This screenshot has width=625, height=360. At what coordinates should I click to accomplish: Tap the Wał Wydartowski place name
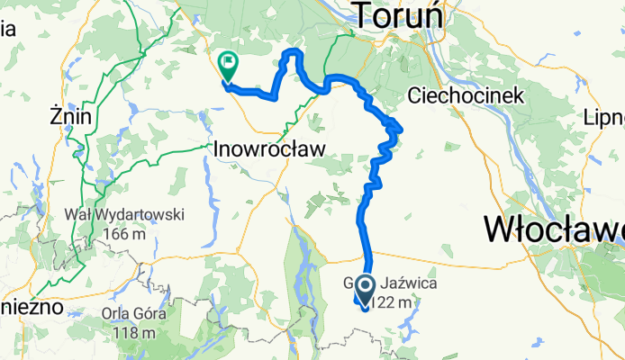[125, 215]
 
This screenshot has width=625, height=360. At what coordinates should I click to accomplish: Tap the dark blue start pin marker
[367, 289]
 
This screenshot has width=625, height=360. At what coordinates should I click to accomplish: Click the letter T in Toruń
[362, 16]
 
